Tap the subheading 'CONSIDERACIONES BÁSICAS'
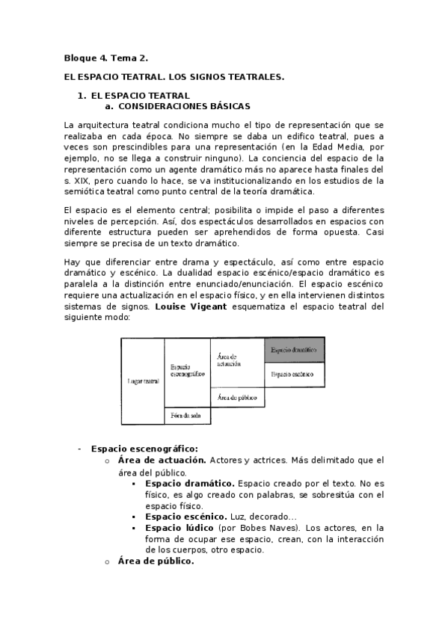[x=183, y=106]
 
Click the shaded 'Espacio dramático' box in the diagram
[x=294, y=349]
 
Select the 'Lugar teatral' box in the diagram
[x=142, y=381]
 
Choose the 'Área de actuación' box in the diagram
[x=236, y=363]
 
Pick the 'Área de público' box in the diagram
[x=236, y=398]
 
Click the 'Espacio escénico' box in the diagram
[x=294, y=373]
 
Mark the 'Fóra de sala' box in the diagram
[x=187, y=415]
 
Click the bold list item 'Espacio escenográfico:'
[x=133, y=449]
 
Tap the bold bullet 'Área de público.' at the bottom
[x=156, y=561]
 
